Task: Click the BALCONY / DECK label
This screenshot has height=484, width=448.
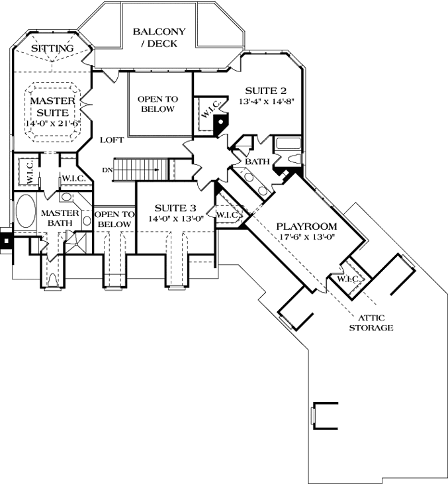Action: pos(159,37)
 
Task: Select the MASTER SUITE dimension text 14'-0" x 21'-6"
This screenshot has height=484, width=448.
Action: pos(53,124)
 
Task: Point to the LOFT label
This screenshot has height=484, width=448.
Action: pos(111,140)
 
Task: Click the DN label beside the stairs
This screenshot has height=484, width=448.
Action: pos(108,169)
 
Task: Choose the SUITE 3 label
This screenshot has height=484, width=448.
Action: pos(175,208)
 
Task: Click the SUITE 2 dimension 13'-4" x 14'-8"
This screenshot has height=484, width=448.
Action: pos(265,102)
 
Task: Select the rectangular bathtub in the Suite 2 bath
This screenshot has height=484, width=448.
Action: pos(288,142)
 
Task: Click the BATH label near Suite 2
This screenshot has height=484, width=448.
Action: pos(255,162)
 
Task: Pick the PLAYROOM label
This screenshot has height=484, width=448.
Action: pos(302,226)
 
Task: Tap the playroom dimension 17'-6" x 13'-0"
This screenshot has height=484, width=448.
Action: pos(306,240)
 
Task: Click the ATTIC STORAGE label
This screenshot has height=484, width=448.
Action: pos(373,322)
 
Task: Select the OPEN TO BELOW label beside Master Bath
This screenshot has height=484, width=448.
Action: pos(114,220)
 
